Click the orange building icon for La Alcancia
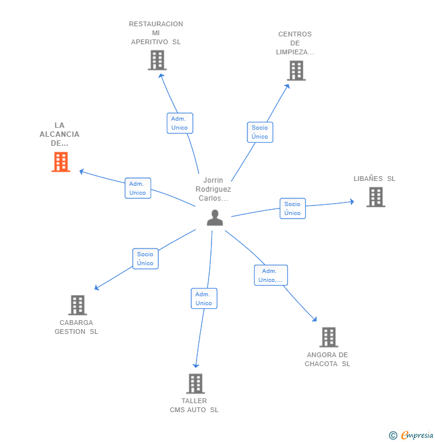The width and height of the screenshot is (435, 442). coord(61,162)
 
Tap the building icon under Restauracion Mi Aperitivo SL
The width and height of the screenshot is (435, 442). coord(157,60)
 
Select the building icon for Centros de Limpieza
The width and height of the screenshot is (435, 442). coord(296,70)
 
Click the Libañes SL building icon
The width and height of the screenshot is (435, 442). coord(376,197)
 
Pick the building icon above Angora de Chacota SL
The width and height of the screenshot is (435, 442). coord(329,337)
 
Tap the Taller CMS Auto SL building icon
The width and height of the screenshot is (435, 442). coord(195,383)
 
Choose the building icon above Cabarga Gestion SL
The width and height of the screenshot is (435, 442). coord(78,305)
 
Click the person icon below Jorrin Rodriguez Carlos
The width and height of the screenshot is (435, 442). coord(215,217)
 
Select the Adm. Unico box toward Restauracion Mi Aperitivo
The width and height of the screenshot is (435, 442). coord(180,123)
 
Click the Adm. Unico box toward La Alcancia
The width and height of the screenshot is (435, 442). coord(138,188)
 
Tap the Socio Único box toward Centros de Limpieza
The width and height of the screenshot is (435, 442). coord(260,132)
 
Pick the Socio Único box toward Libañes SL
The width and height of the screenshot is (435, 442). coord(293,208)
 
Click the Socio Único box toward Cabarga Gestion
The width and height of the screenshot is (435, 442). coord(145,259)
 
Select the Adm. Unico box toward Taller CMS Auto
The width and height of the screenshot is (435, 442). coord(204,299)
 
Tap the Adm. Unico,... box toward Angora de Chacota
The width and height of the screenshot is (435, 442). coord(271,275)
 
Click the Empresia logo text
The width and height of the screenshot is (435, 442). coord(417,435)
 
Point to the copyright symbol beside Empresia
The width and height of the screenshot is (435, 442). coord(393,435)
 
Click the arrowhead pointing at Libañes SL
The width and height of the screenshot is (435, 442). coord(352,201)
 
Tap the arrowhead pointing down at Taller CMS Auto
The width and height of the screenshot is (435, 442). coord(196,366)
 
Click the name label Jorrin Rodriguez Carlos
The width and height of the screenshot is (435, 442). coord(213,189)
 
